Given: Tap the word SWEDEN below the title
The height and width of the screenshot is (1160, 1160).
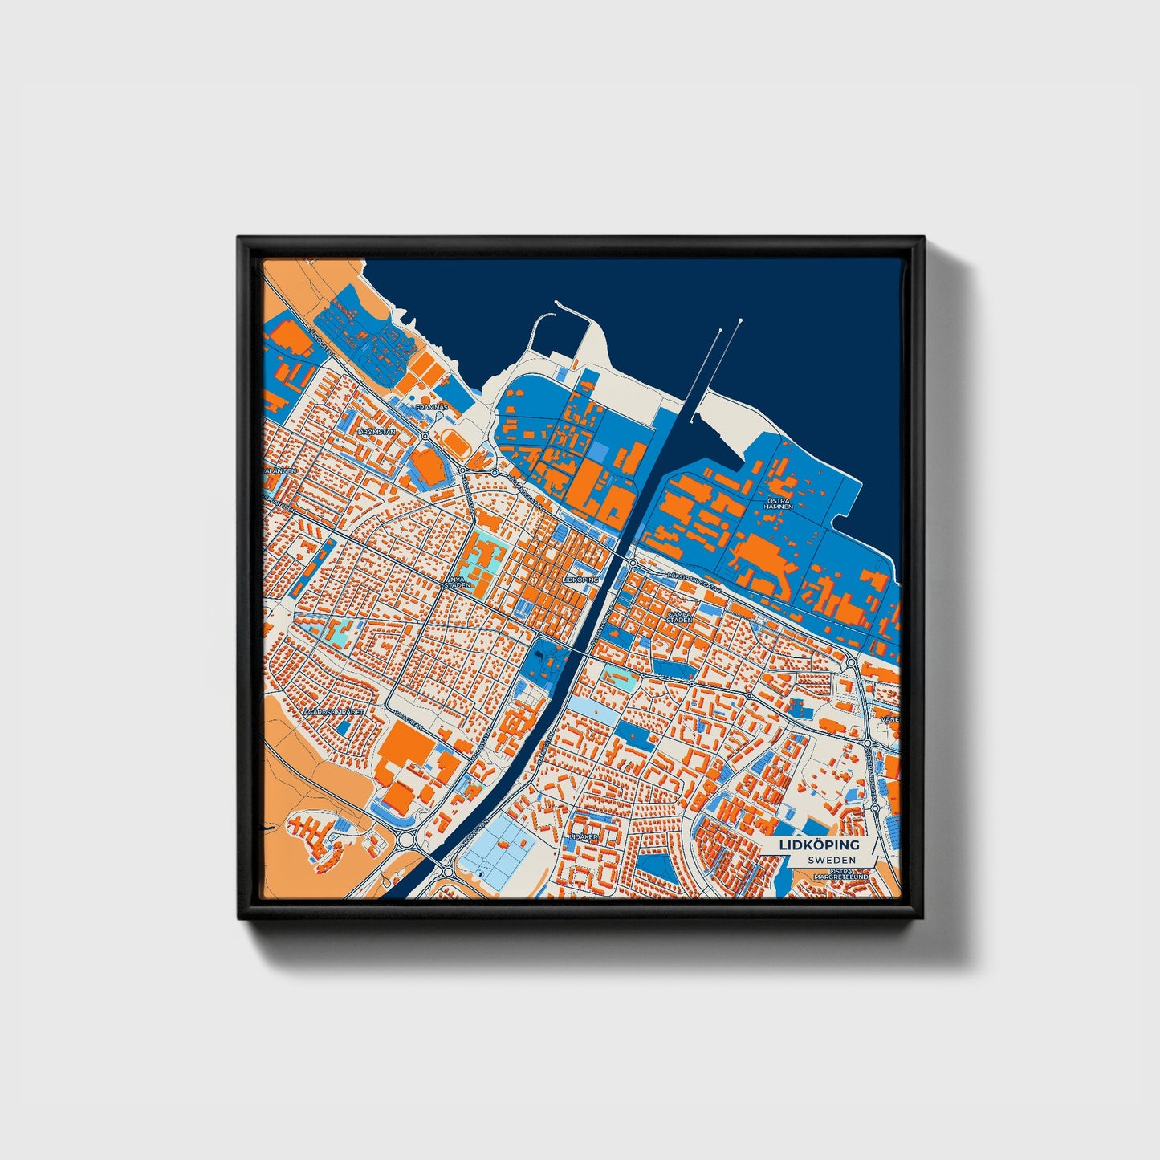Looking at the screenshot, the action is (831, 860).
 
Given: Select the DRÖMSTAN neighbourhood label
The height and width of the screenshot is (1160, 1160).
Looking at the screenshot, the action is (377, 432).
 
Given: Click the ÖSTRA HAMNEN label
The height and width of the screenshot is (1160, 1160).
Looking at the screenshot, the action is (778, 503).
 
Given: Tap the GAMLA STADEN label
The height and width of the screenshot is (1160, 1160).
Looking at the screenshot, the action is (680, 617).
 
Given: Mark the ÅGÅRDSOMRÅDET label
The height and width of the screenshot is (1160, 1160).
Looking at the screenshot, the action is (333, 711).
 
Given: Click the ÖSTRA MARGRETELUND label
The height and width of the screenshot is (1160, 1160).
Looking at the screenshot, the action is (841, 874).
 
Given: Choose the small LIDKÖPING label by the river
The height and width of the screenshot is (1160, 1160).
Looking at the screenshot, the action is (581, 578).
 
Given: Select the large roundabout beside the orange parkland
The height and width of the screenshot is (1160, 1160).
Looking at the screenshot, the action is (405, 843).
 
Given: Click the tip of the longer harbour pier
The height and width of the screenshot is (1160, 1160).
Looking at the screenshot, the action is (739, 321).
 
